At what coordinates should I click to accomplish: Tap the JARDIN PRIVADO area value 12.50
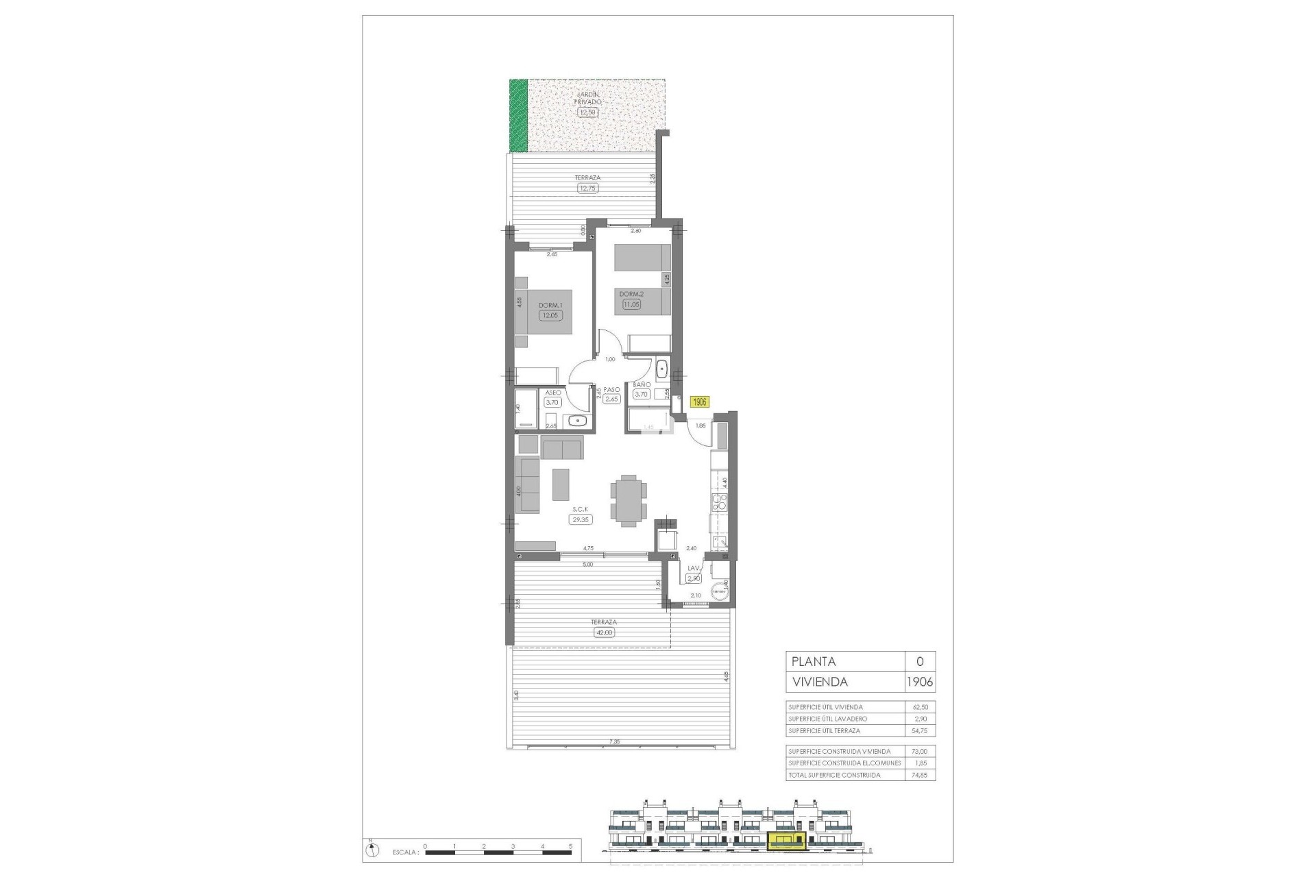click(587, 112)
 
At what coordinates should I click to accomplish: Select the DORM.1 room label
click(550, 306)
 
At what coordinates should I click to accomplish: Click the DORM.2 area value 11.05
click(631, 304)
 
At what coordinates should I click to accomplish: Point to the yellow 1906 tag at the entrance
click(699, 403)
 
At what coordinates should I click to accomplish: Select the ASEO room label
click(552, 393)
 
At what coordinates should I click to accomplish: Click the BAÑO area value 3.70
click(642, 395)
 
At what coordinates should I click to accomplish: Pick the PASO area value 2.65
click(611, 399)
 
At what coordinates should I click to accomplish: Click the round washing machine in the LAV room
click(720, 591)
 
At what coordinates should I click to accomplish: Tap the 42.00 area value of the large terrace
click(604, 632)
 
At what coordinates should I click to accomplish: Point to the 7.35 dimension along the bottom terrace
click(614, 742)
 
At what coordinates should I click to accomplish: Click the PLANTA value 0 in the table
click(920, 662)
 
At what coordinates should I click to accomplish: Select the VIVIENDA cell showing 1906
click(920, 682)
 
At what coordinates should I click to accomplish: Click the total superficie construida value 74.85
click(920, 775)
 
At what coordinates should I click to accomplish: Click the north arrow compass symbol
click(371, 850)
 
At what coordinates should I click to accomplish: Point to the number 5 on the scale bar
click(570, 846)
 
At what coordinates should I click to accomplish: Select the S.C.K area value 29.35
click(580, 520)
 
